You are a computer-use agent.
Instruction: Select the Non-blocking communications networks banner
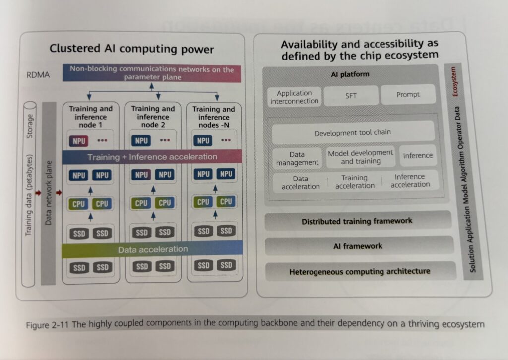[151, 73]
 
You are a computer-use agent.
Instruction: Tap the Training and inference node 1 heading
[91, 117]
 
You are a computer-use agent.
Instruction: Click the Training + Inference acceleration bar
[152, 157]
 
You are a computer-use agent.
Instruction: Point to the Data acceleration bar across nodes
[152, 249]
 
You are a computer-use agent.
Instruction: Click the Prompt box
[408, 94]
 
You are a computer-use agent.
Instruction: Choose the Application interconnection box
[295, 97]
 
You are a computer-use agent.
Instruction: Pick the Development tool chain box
[353, 133]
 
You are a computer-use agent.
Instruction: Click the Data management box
[298, 158]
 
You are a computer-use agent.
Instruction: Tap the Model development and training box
[361, 157]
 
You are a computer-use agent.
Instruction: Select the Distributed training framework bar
[357, 221]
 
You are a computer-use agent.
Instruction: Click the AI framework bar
[358, 246]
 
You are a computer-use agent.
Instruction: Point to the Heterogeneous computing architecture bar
[360, 271]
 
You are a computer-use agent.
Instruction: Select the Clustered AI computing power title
[131, 49]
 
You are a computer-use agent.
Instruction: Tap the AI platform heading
[350, 74]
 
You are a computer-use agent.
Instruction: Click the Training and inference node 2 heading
[153, 117]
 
